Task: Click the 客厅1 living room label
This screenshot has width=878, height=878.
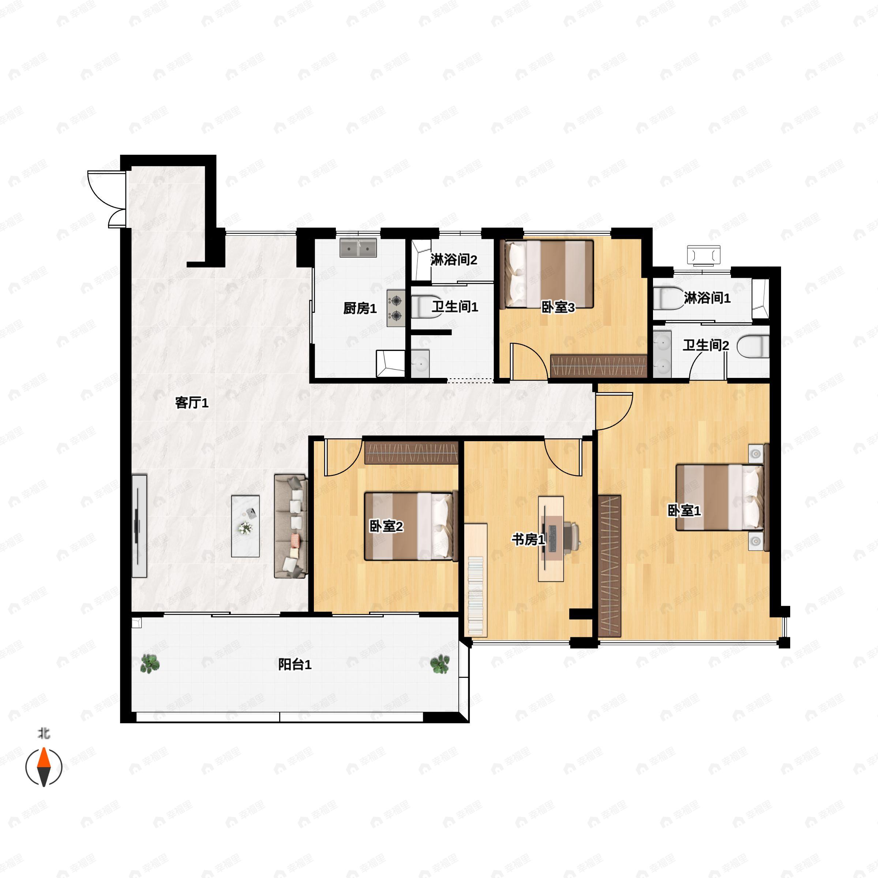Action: [x=192, y=403]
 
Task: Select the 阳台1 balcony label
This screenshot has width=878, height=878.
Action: [x=294, y=665]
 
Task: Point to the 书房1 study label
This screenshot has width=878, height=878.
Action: [x=528, y=540]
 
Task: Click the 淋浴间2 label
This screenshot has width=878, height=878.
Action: [x=454, y=260]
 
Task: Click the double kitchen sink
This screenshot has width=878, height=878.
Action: [x=359, y=248]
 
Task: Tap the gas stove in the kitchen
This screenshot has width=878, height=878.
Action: [x=396, y=308]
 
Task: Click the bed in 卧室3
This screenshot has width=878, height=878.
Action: [x=547, y=274]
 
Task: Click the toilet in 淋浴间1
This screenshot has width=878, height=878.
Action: [x=669, y=298]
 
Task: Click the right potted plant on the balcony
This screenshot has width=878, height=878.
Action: [x=440, y=664]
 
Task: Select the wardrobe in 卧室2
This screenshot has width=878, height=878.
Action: [x=411, y=453]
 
